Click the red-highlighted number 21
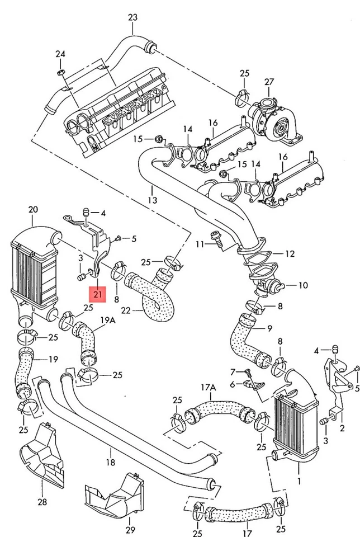coord(98,293)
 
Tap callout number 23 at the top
coord(132,17)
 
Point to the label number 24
coord(60,54)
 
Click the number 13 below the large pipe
coord(152,200)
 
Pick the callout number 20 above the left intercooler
coord(33,209)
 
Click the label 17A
coord(209,387)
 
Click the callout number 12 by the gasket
coord(289,253)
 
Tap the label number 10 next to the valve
coord(302,285)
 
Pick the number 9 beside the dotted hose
coord(269,328)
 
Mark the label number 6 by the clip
coord(233,384)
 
